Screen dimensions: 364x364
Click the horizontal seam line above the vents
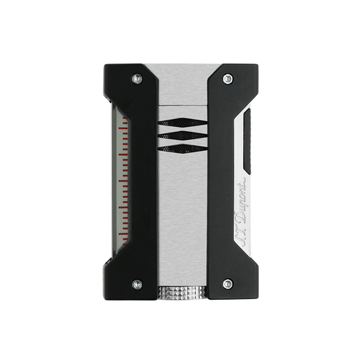[182, 106]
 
